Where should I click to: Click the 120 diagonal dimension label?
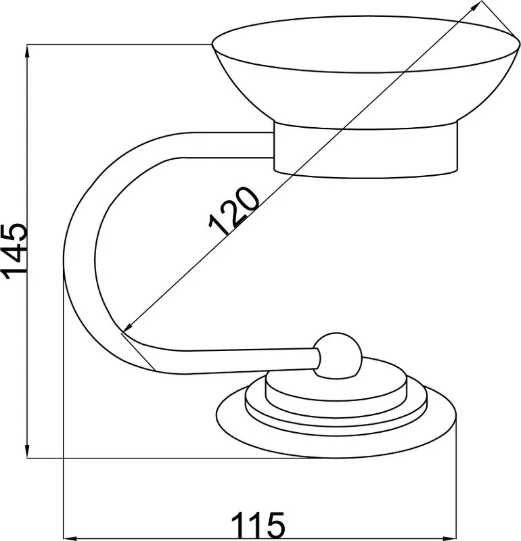coord(233,211)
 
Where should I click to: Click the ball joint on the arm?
coord(338,356)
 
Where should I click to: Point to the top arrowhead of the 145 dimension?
coord(27,52)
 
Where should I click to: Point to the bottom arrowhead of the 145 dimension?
coord(27,451)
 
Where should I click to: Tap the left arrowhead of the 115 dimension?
coord(71,538)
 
